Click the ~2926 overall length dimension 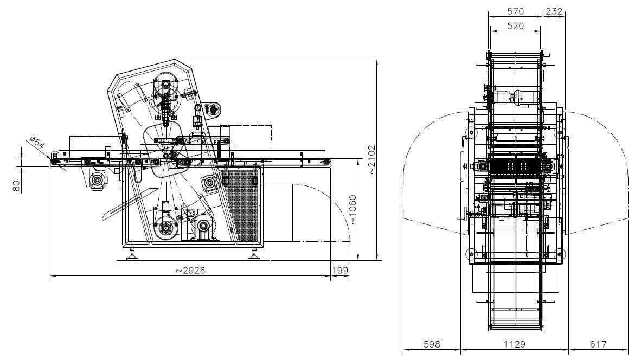(190, 270)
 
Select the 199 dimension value (340, 270)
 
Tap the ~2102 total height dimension (371, 159)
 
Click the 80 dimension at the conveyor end (16, 187)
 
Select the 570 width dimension (515, 11)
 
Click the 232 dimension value (554, 11)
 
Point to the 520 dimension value (515, 26)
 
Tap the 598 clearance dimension (432, 344)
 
